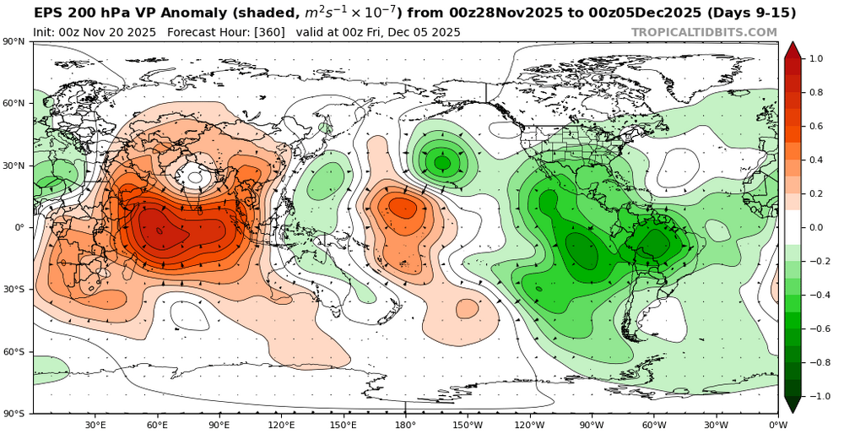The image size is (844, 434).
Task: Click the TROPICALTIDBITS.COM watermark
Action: point(704,32)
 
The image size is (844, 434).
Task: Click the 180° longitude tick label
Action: point(405,425)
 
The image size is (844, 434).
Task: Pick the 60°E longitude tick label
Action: point(157,425)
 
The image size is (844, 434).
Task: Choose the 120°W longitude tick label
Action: point(529,425)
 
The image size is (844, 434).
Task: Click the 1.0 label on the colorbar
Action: point(816,59)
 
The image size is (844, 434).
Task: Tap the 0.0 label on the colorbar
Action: point(816,228)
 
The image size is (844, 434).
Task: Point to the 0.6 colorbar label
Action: point(816,127)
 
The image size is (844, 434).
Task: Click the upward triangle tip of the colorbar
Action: point(792,43)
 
